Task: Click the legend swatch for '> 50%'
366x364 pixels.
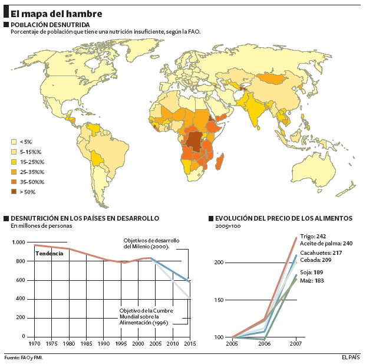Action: [x=14, y=192]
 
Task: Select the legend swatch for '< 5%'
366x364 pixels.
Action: [x=14, y=142]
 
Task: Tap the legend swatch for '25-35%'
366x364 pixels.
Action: [x=14, y=172]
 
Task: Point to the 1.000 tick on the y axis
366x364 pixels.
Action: [x=18, y=242]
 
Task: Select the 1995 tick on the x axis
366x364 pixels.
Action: [x=121, y=343]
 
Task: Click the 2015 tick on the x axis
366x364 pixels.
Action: [x=190, y=343]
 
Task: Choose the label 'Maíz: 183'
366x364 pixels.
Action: [x=311, y=280]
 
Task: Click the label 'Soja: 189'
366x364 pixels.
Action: [x=311, y=272]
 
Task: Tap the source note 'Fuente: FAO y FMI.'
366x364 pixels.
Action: [x=24, y=357]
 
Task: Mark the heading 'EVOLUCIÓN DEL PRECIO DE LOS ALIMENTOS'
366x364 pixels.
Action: [x=283, y=218]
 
